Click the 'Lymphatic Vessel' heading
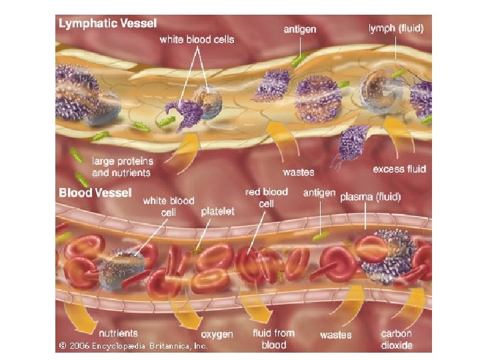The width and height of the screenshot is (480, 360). (x=108, y=23)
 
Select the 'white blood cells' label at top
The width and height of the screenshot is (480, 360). (x=197, y=39)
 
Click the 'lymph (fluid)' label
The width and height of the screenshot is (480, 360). (x=396, y=29)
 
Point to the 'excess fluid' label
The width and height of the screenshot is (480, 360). (x=398, y=169)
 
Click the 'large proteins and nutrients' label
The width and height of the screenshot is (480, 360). (x=123, y=167)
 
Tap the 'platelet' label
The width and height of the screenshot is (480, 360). (x=218, y=211)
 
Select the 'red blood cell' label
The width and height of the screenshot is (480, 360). (x=266, y=197)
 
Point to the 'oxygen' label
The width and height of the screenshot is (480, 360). (x=217, y=333)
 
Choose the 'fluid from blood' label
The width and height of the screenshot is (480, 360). (x=274, y=339)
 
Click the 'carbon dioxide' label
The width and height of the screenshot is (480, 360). (x=397, y=339)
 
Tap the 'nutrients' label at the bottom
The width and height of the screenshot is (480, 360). (x=119, y=333)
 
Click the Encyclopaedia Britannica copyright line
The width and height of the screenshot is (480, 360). (x=133, y=346)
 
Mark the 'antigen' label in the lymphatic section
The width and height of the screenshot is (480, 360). (x=300, y=29)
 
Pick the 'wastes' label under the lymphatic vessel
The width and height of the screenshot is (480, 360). (x=298, y=172)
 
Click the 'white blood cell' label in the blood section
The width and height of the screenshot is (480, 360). (x=169, y=205)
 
